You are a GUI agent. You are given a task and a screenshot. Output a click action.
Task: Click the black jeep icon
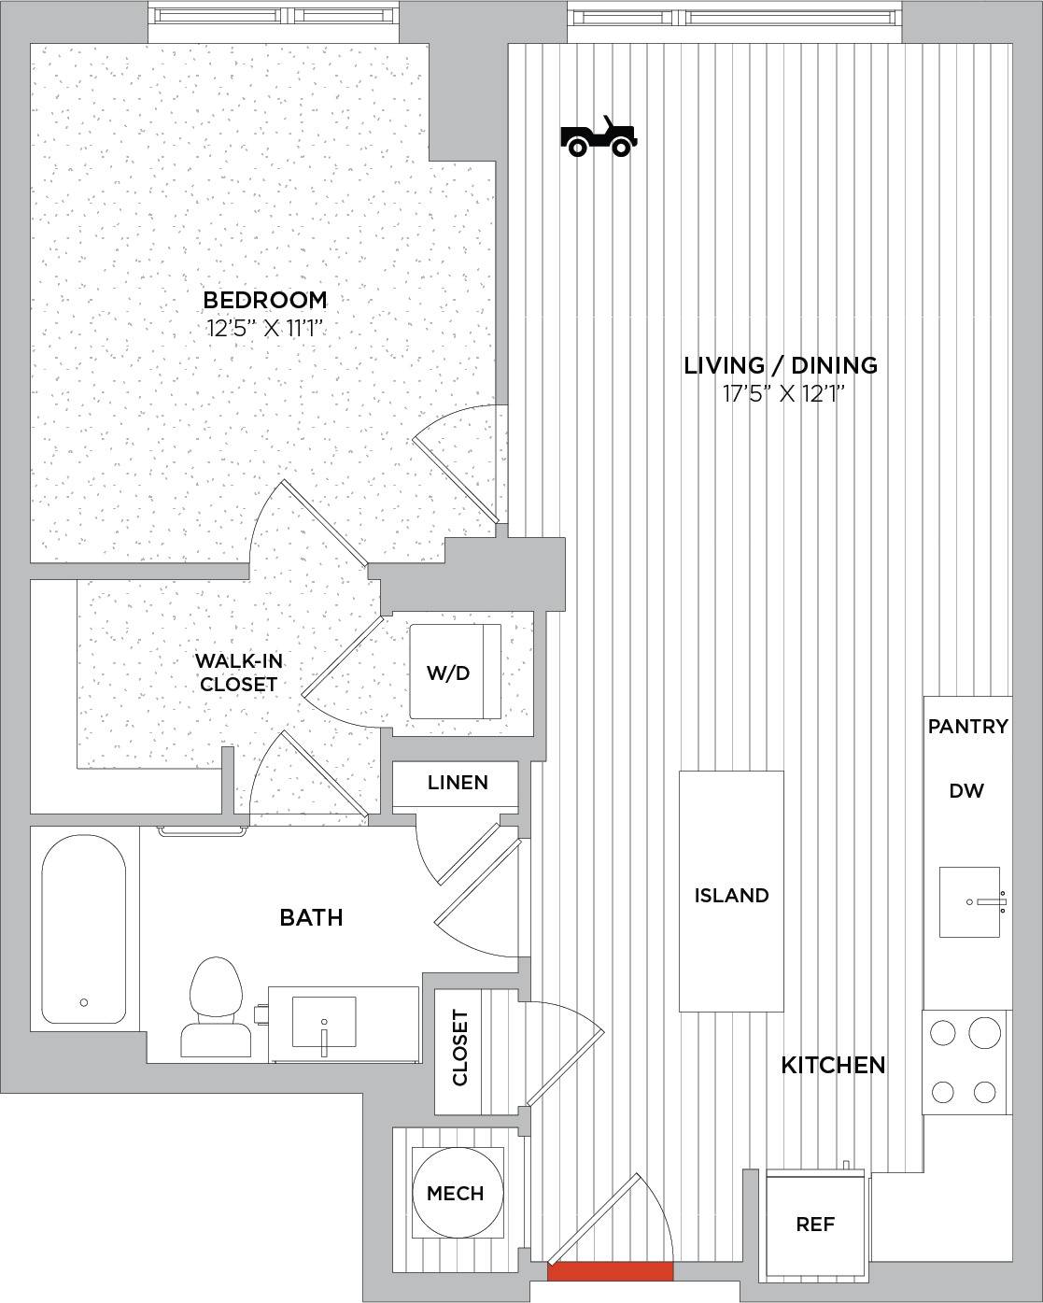[x=599, y=136]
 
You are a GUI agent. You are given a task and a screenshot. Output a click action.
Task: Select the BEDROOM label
[x=265, y=300]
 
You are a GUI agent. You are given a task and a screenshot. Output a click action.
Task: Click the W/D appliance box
[x=456, y=672]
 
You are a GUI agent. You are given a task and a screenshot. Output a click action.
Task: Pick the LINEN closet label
[x=458, y=783]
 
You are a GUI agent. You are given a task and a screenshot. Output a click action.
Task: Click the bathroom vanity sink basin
[x=324, y=1022]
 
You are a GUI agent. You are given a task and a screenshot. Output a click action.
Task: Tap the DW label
[x=966, y=790]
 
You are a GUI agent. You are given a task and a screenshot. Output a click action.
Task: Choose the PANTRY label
[x=968, y=726]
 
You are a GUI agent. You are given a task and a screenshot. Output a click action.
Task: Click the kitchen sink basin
[x=969, y=902]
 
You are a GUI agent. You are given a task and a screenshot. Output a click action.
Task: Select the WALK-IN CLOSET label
[x=238, y=673]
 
